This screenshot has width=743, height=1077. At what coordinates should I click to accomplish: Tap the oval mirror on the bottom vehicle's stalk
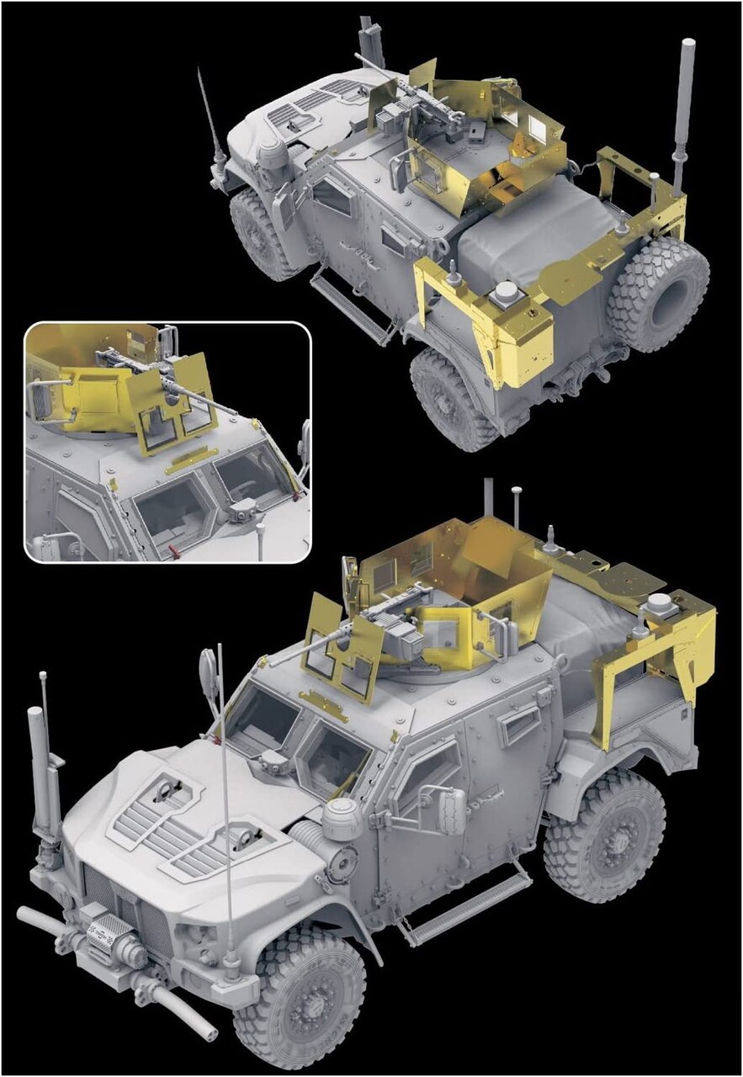[x=208, y=674]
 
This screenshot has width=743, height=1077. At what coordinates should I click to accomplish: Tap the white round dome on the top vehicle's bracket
[x=507, y=294]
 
